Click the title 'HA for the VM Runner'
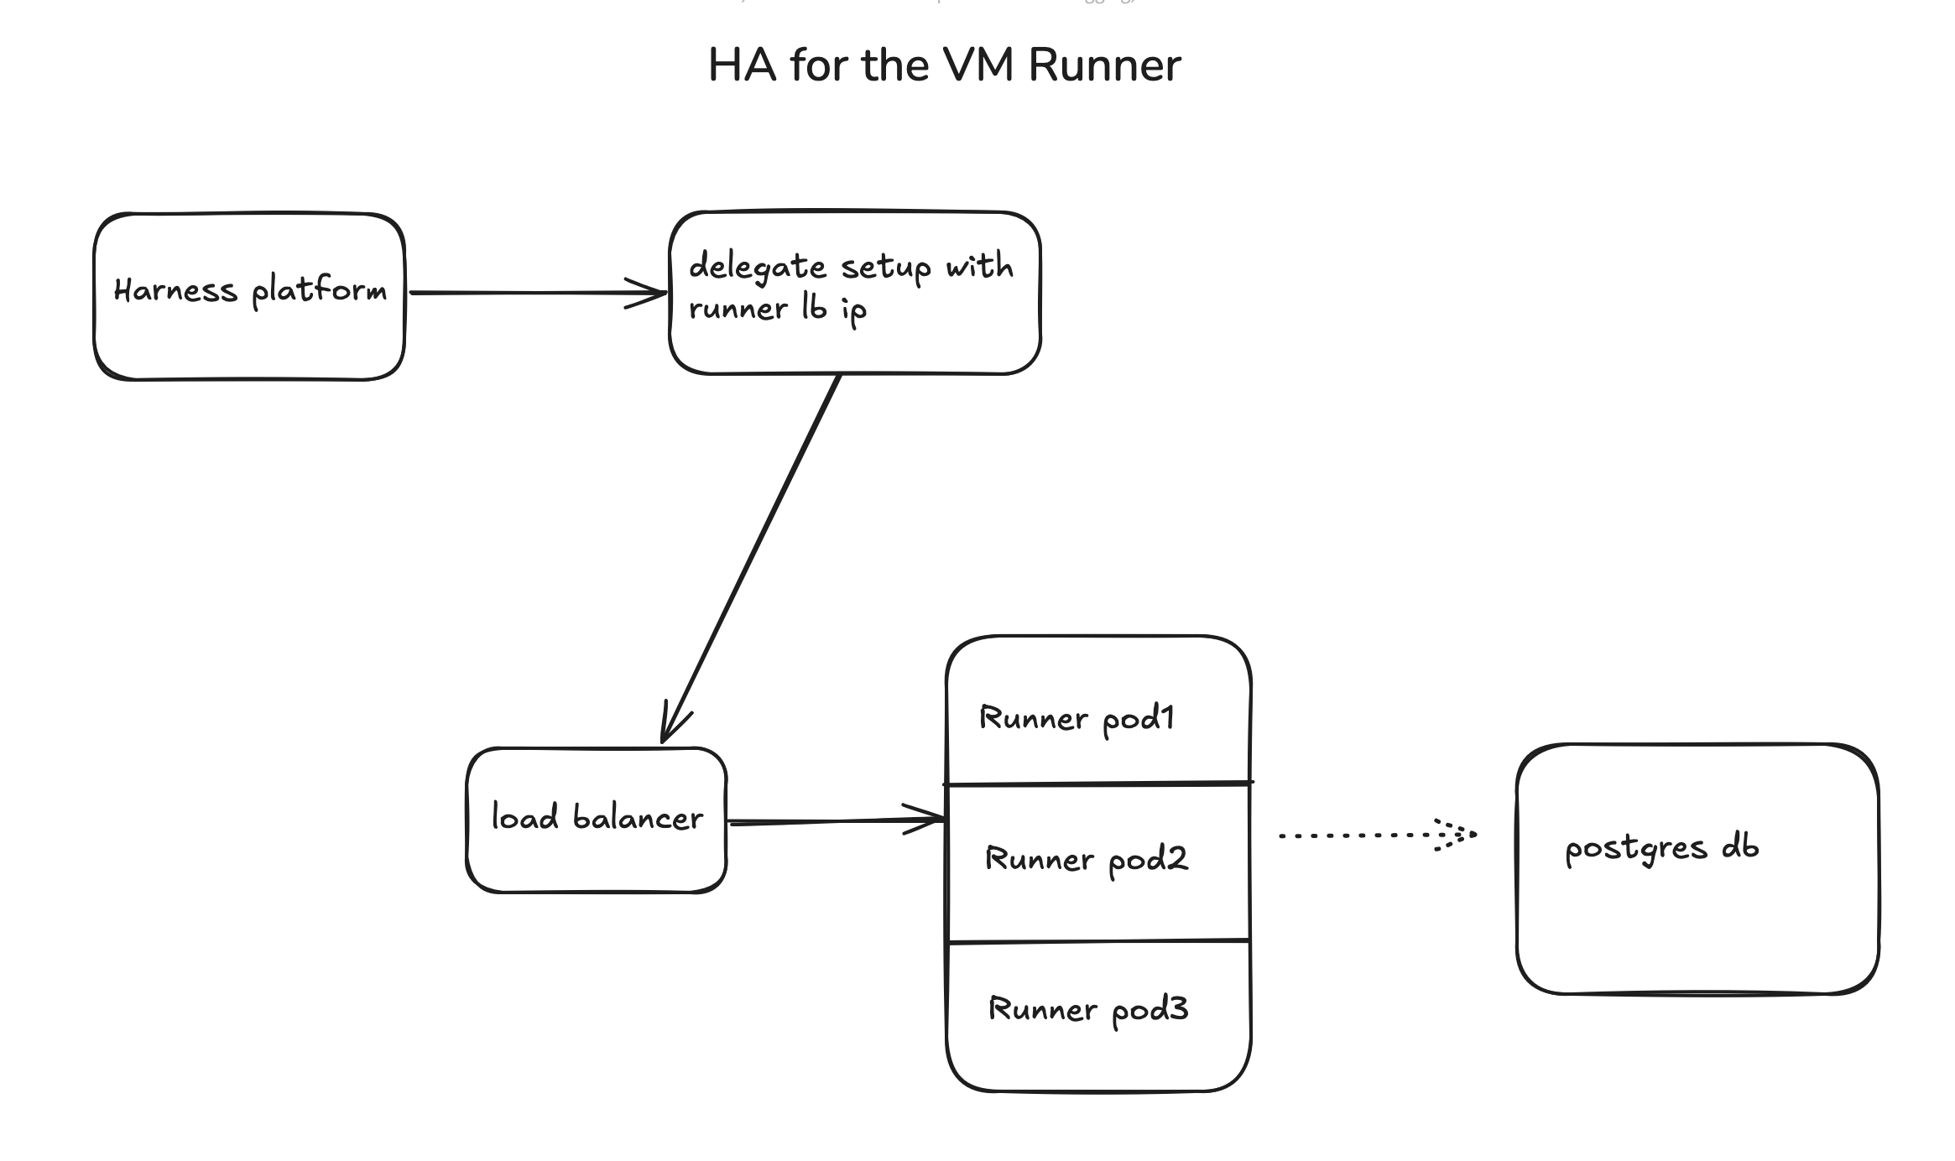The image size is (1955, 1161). tap(944, 65)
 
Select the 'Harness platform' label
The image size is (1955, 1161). tap(250, 290)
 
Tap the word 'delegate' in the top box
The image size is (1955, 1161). tap(758, 268)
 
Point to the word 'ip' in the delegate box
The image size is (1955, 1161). tap(853, 311)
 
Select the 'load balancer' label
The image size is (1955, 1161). tap(597, 817)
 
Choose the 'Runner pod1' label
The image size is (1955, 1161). tap(1077, 719)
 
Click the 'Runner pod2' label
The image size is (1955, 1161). tap(1086, 859)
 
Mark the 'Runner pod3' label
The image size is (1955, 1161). tap(1088, 1009)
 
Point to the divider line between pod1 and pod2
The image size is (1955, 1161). tap(1098, 784)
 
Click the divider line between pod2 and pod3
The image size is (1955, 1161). tap(1098, 941)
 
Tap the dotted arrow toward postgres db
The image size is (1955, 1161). tap(1359, 836)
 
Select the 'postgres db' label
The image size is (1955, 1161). tap(1661, 848)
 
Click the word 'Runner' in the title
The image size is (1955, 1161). tap(1104, 65)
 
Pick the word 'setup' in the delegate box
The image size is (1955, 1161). tap(886, 268)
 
